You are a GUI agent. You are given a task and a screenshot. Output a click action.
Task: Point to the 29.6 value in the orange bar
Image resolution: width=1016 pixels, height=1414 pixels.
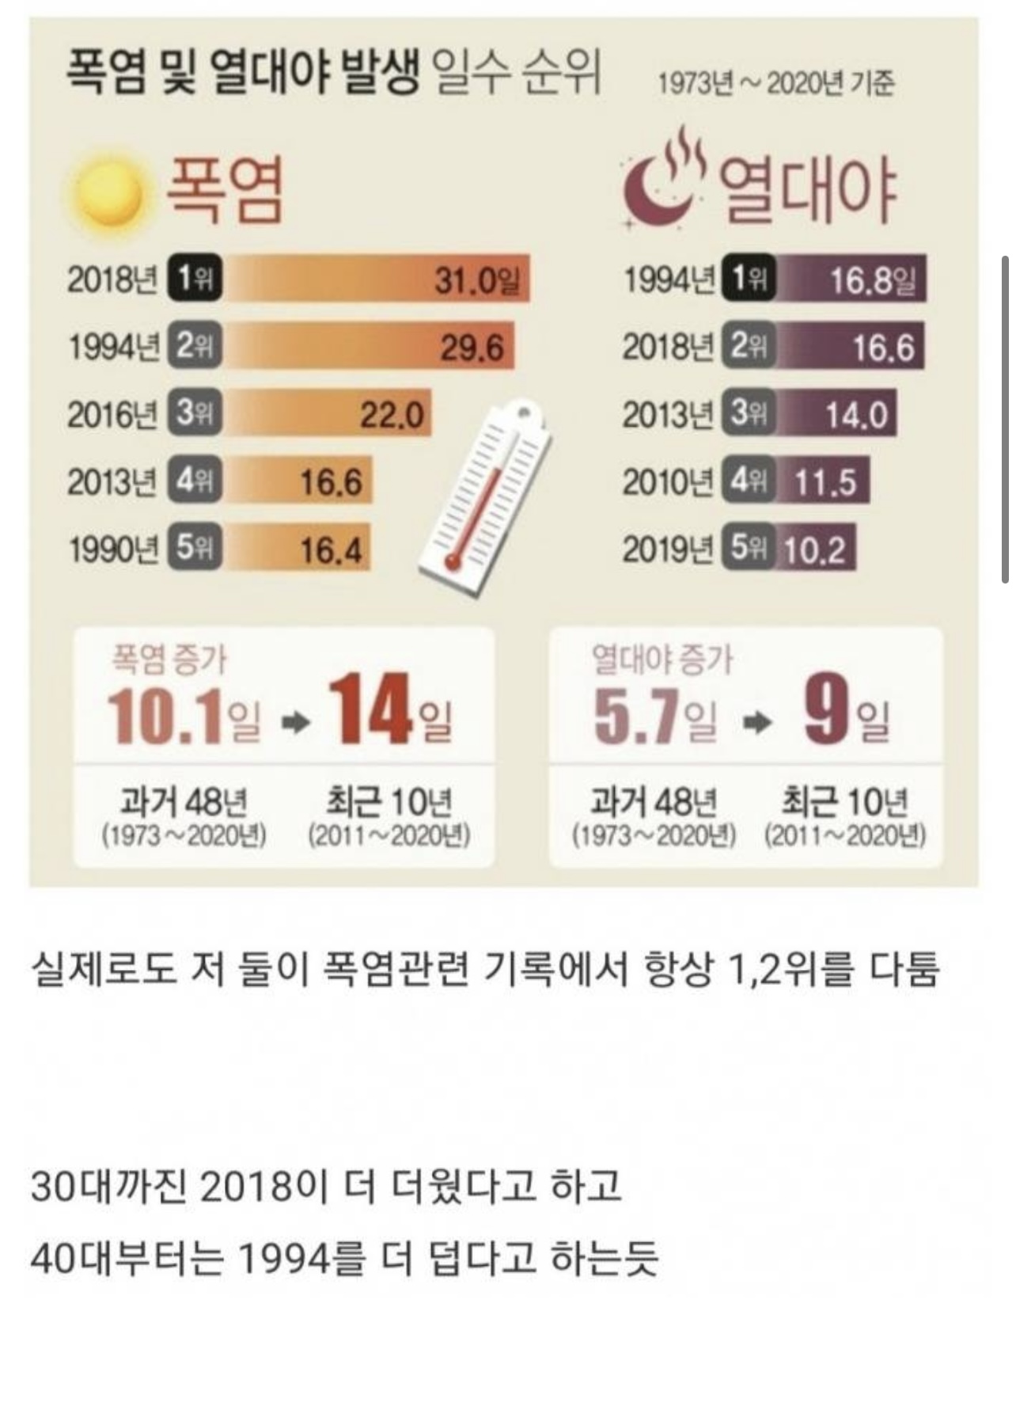(x=472, y=347)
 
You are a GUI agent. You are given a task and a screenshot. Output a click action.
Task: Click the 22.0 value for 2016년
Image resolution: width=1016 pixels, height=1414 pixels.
(x=392, y=414)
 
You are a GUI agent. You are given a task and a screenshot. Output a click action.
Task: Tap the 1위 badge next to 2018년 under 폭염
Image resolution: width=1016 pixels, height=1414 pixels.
(x=194, y=279)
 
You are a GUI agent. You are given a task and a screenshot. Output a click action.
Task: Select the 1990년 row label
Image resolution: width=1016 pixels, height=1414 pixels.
(x=112, y=549)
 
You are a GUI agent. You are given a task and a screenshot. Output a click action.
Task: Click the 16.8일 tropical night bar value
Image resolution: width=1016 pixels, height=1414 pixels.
(x=872, y=279)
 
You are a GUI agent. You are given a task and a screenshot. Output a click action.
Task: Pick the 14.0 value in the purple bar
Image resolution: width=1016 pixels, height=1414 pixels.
(x=856, y=415)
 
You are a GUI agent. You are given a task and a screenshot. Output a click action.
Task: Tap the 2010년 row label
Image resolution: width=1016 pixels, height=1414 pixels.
(x=668, y=481)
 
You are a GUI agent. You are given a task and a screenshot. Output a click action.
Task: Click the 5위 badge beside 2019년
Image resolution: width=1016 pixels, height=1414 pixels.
(x=748, y=549)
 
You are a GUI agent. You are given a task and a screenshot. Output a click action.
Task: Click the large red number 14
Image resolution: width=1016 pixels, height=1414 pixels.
(x=370, y=710)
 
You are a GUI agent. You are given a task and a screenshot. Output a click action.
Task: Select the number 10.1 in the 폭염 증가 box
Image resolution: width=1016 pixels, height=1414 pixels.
(x=165, y=715)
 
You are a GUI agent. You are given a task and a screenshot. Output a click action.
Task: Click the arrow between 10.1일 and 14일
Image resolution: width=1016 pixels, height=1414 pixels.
(x=297, y=721)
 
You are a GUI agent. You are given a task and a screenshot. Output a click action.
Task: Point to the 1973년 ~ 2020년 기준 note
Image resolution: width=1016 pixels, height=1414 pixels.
(x=776, y=83)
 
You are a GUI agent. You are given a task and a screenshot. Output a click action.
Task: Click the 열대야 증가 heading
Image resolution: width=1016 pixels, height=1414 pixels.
(x=663, y=659)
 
